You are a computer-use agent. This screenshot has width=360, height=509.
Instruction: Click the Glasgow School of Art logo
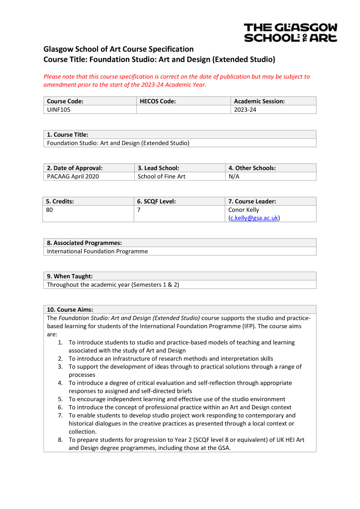[x=290, y=32]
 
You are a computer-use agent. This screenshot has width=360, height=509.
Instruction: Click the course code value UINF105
[x=58, y=109]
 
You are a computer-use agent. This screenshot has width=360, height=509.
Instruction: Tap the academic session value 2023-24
[x=245, y=109]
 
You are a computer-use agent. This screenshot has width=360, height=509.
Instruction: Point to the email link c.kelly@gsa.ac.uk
[x=254, y=218]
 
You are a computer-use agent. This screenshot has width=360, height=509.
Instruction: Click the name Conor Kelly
[x=244, y=210]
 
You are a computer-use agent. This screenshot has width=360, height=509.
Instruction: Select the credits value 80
[x=50, y=210]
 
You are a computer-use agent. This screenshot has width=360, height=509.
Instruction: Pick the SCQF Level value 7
[x=139, y=210]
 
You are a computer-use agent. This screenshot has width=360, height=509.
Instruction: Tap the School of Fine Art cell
[x=161, y=176]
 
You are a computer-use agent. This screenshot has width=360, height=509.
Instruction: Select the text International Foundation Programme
[x=97, y=252]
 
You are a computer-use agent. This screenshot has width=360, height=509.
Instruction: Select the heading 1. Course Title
[x=68, y=135]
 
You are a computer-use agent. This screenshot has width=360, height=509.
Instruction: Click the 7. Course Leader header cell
[x=252, y=201]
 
